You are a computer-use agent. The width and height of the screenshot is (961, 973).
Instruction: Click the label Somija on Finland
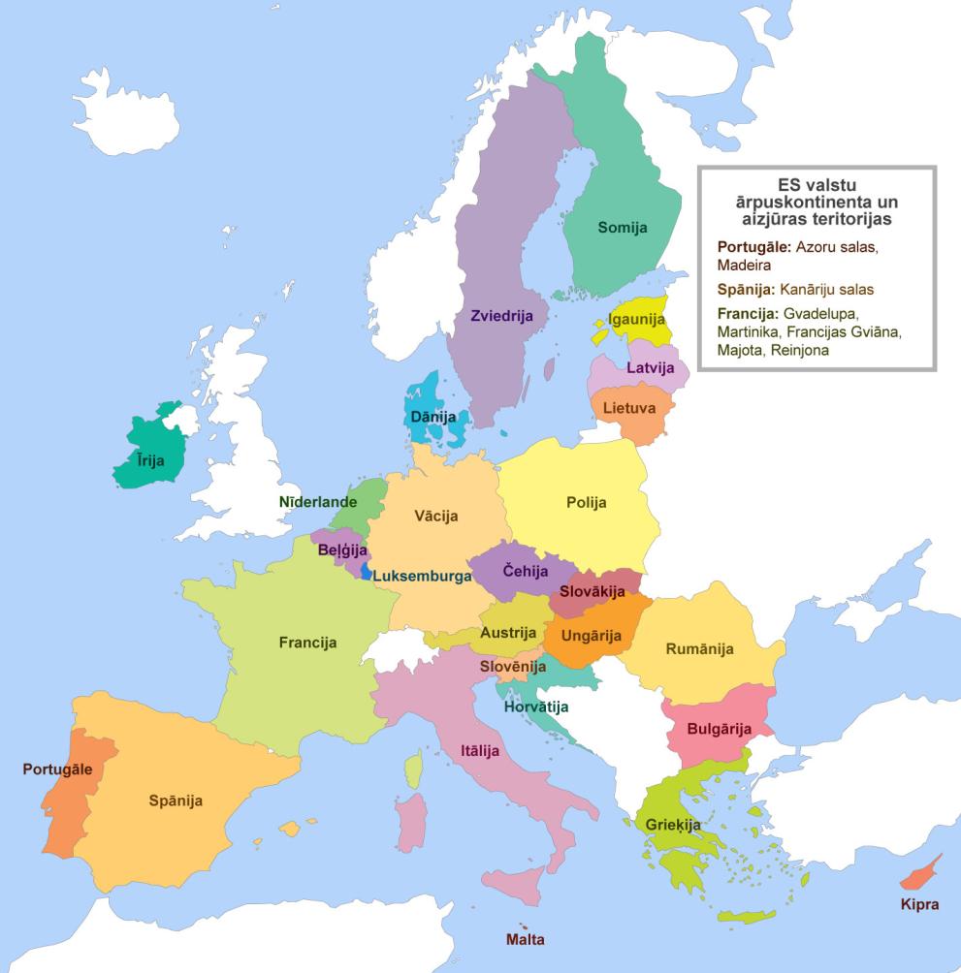tap(622, 227)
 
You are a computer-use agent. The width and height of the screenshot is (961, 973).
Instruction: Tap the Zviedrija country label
tap(501, 316)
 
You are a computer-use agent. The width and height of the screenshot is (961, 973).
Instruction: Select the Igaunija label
tap(637, 319)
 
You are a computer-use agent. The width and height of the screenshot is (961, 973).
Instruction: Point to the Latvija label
tap(650, 367)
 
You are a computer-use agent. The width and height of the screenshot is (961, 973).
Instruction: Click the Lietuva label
tap(628, 408)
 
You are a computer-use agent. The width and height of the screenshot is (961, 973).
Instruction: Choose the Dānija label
tap(432, 416)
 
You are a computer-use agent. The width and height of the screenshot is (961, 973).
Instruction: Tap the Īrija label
tap(149, 461)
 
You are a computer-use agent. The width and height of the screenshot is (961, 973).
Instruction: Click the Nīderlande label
tap(318, 502)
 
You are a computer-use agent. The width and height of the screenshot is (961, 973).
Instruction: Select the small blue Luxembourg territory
tap(366, 572)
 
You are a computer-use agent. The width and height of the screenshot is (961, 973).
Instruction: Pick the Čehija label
tap(526, 571)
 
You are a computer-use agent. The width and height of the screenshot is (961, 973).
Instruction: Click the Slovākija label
tap(592, 591)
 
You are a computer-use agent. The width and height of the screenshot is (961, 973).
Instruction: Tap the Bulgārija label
tap(719, 729)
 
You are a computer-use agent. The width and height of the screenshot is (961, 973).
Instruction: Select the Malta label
tap(525, 939)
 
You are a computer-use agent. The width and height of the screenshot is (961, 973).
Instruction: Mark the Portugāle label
tap(57, 769)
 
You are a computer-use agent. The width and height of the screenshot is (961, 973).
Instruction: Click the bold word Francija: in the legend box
tap(748, 313)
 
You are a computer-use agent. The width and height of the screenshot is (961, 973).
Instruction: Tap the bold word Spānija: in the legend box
tap(745, 289)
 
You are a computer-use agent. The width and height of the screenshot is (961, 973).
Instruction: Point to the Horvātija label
tap(535, 706)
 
